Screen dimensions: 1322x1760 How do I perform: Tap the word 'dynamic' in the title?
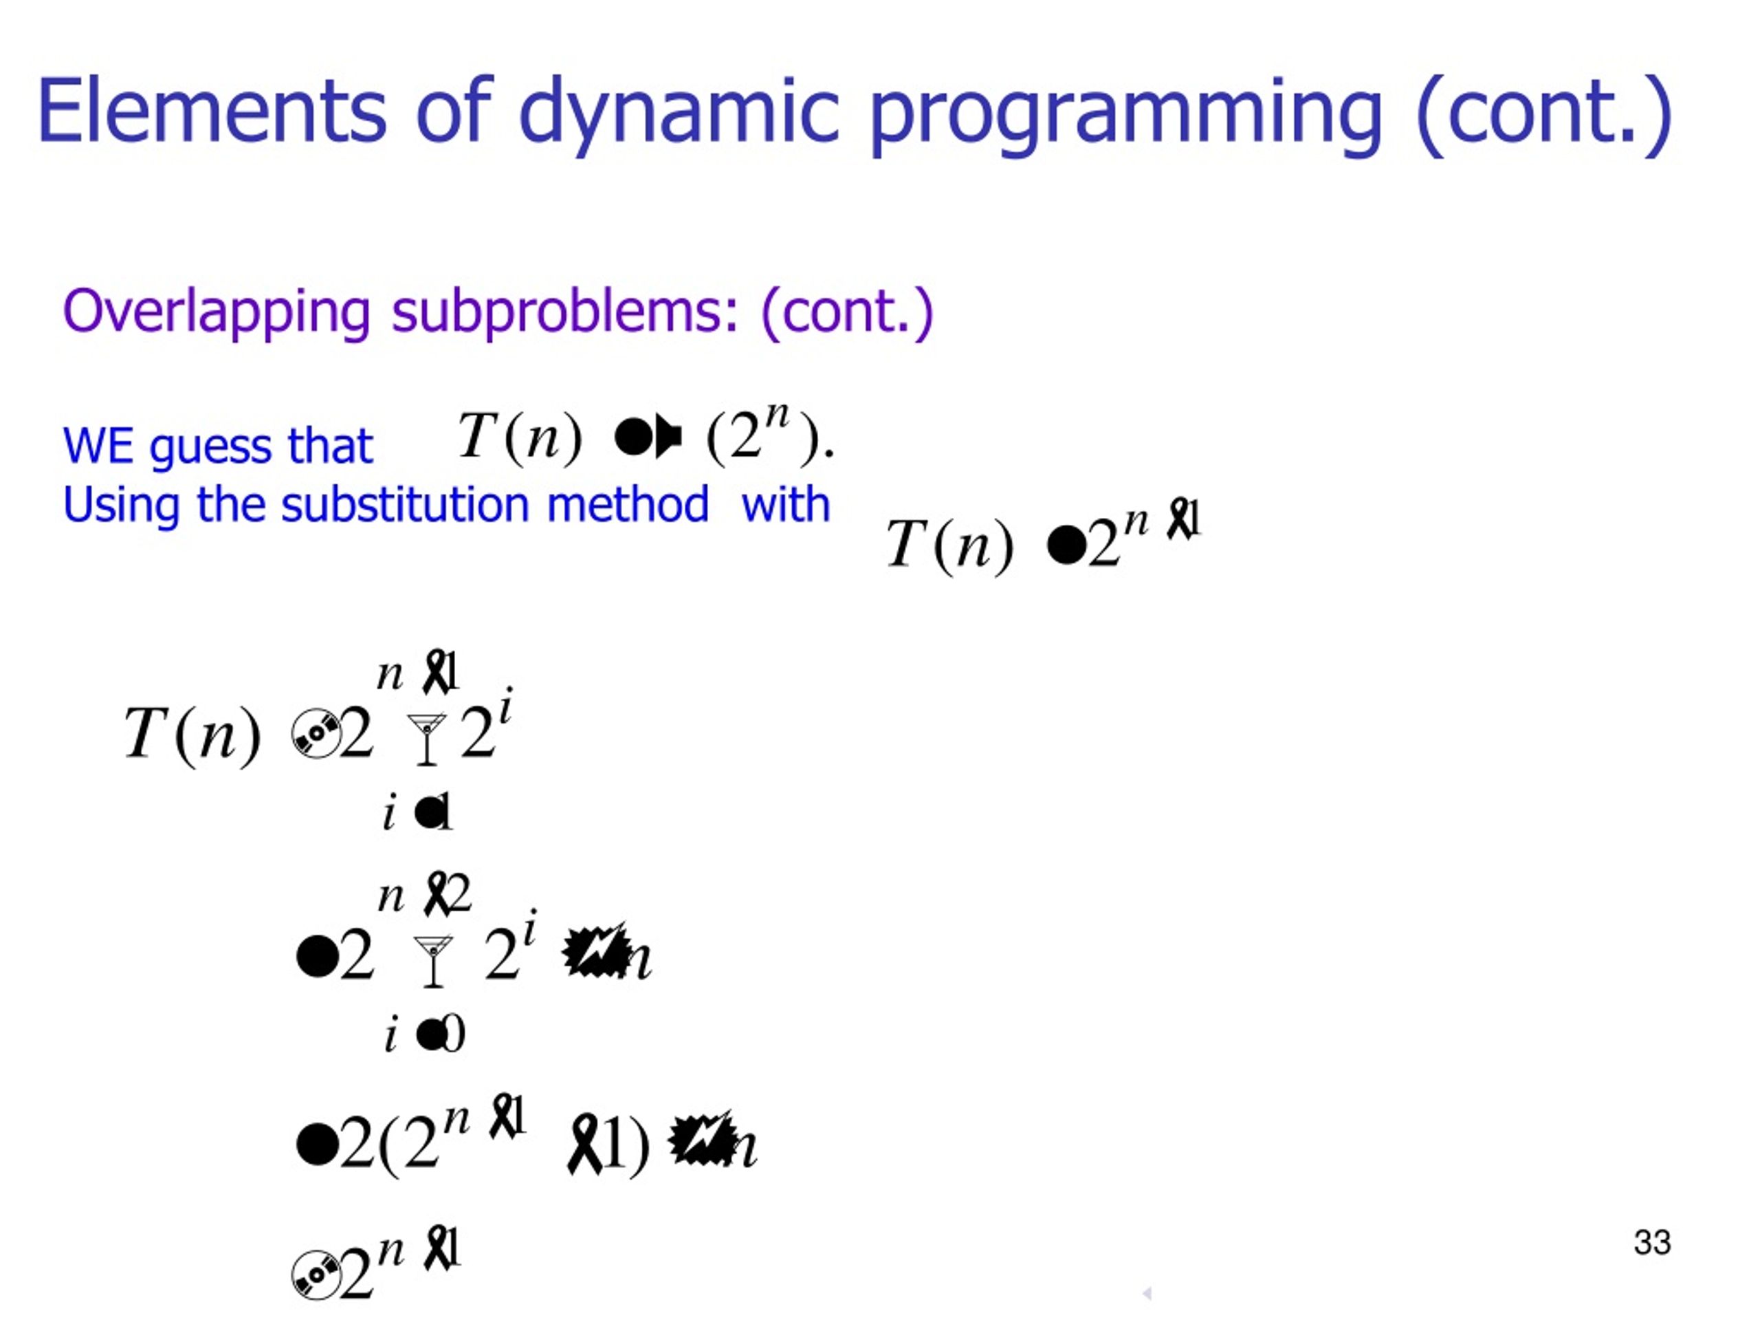click(679, 111)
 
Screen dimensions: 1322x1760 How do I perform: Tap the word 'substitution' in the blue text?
click(405, 505)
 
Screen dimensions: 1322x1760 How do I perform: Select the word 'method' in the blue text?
click(628, 505)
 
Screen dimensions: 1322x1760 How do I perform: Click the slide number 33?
click(1652, 1242)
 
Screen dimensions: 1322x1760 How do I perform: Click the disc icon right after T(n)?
click(315, 733)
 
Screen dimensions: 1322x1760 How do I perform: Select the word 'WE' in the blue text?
click(98, 446)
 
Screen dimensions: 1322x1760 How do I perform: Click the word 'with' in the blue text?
click(785, 505)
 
